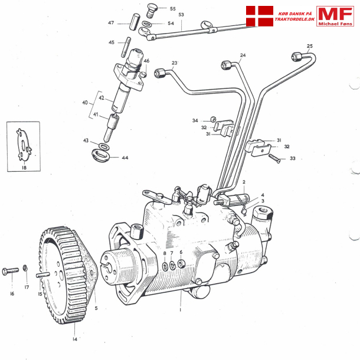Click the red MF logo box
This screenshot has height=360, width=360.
tap(335, 16)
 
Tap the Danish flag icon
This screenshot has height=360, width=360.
tap(259, 17)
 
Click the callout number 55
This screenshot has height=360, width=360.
tap(173, 9)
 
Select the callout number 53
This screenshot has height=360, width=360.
tap(181, 15)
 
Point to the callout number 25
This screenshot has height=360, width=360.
tap(310, 46)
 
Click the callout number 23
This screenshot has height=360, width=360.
tap(175, 63)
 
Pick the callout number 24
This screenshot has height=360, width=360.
tap(243, 56)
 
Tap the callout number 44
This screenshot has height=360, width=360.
tap(125, 158)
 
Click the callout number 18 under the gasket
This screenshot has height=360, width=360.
tap(24, 168)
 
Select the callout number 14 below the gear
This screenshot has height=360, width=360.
tap(75, 339)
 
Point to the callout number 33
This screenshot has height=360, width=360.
tap(292, 158)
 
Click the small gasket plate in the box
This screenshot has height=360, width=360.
tap(24, 145)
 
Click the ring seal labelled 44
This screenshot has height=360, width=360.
tap(104, 156)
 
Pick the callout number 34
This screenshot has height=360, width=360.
tap(195, 120)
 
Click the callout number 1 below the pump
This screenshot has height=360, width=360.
tap(181, 309)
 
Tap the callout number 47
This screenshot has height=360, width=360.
tap(111, 23)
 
